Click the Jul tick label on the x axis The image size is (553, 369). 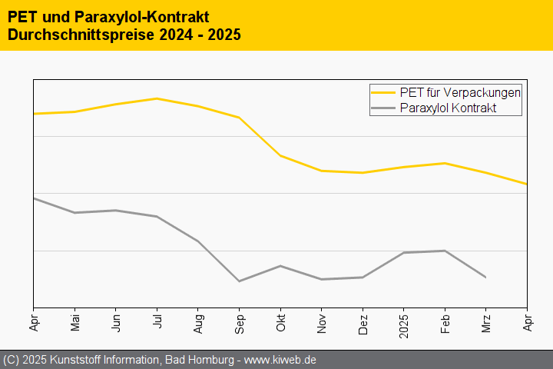(x=157, y=320)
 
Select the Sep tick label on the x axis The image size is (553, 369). (x=239, y=321)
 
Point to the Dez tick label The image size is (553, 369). (x=362, y=321)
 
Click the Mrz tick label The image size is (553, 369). (x=485, y=321)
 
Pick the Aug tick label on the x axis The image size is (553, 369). (x=197, y=321)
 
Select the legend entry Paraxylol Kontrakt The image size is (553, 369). (x=449, y=108)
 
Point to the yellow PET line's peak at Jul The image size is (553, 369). (x=157, y=98)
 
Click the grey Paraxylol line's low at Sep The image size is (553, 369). (x=239, y=281)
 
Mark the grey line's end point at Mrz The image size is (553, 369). (x=485, y=277)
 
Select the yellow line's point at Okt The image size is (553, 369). (x=280, y=156)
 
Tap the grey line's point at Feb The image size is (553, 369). (x=445, y=251)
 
